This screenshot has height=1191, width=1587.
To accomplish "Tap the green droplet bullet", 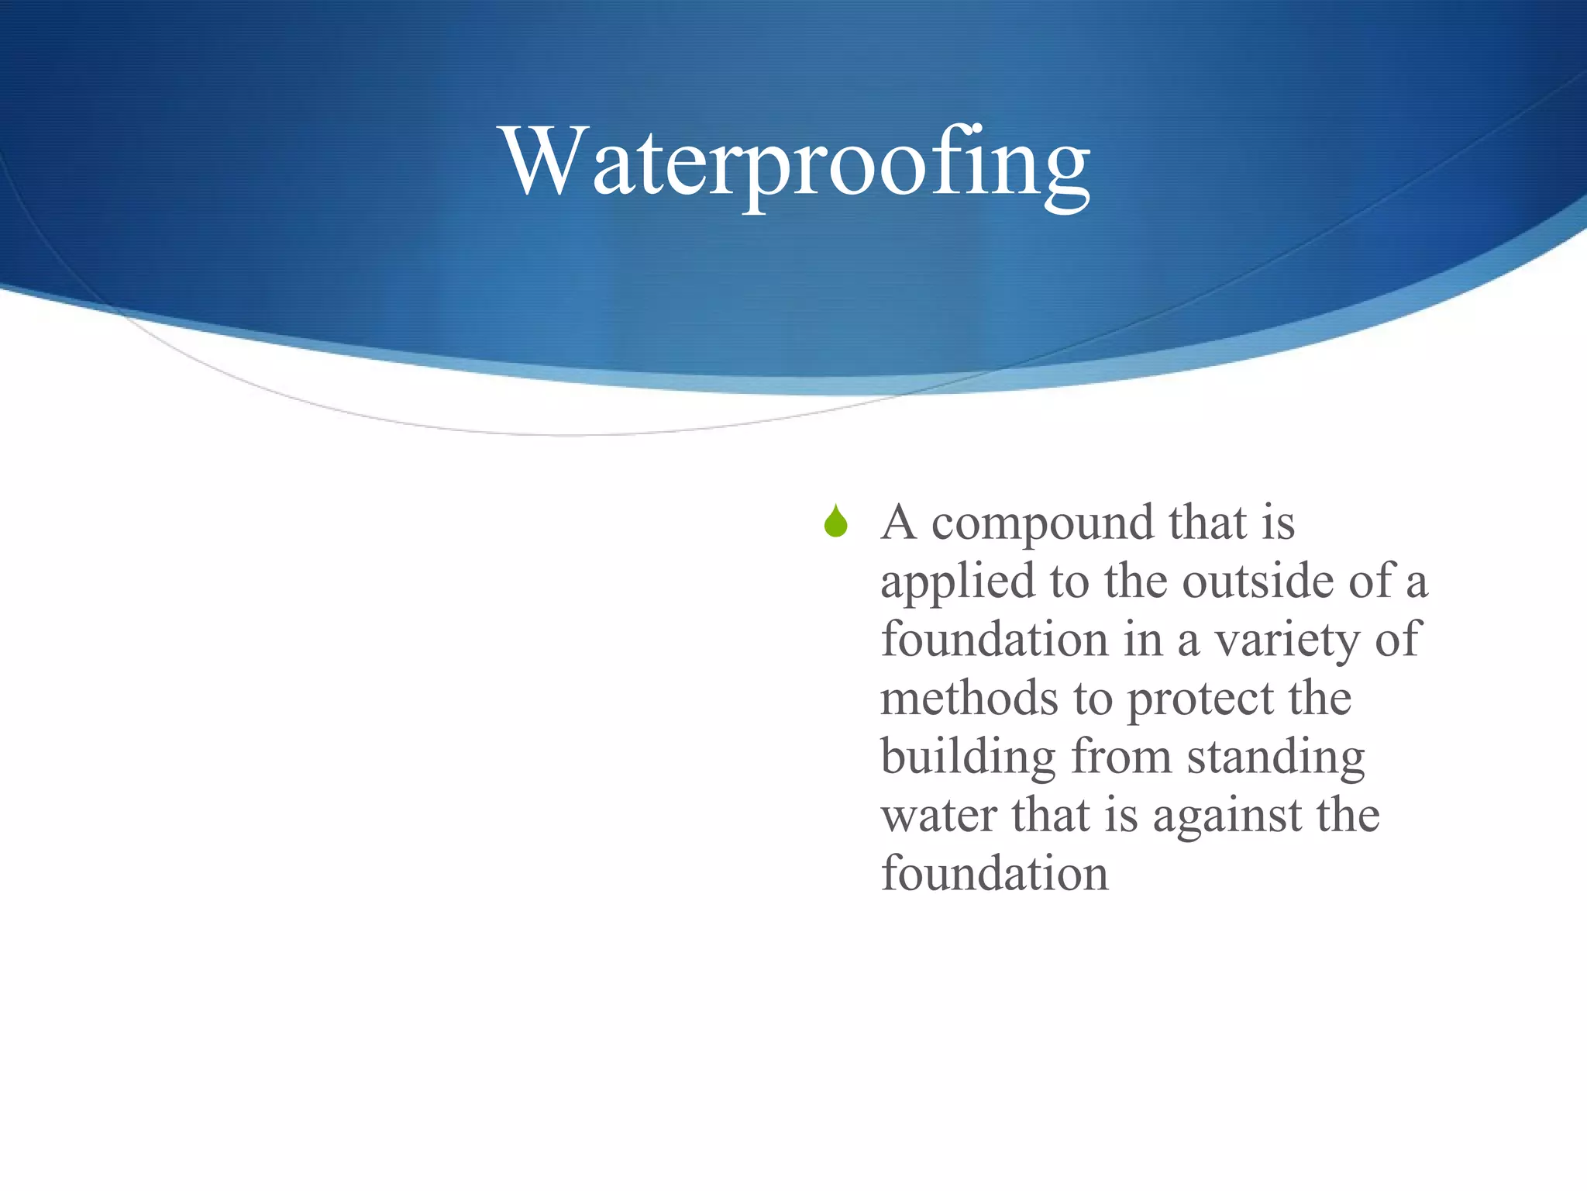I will click(x=835, y=522).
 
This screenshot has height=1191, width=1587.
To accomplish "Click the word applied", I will click(x=958, y=583).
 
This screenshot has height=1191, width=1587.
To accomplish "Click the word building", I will click(x=968, y=758).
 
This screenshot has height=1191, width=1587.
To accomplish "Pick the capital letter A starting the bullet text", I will click(x=899, y=523).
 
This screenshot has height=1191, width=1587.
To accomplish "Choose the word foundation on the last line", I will click(x=995, y=874).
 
